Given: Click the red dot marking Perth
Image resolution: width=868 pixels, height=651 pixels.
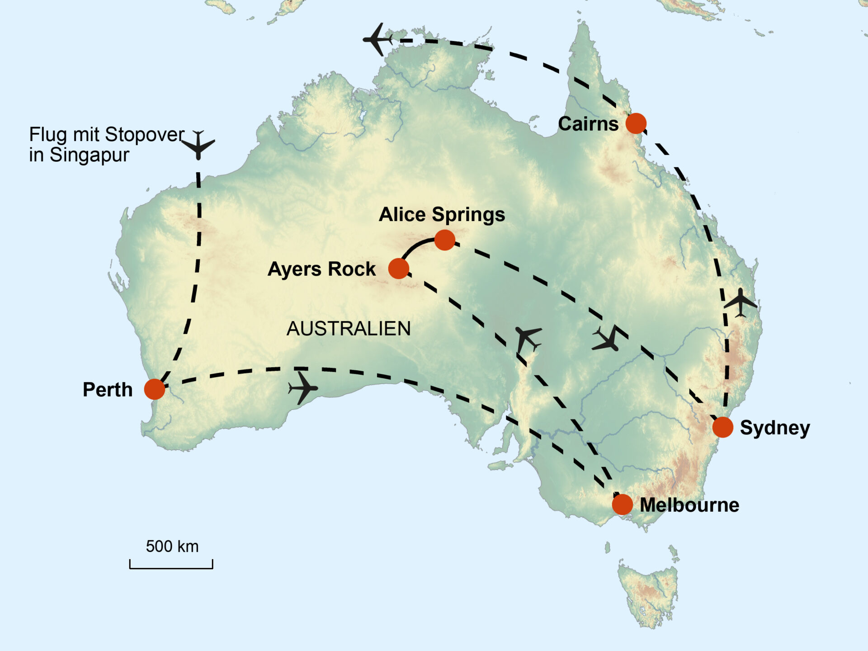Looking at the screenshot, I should pos(155,389).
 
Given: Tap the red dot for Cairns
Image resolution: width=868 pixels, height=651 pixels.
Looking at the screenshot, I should pos(636,123).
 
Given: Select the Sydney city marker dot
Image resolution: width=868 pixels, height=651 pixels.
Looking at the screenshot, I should pos(722,427).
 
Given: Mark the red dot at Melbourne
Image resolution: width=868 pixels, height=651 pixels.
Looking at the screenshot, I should pos(622,504).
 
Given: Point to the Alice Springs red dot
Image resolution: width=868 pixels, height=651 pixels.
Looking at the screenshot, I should pos(445,240).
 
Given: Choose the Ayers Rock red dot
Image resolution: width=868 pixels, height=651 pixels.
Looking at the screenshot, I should pos(399,269).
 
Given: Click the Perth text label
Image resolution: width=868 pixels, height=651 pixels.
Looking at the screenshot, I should pos(108,390).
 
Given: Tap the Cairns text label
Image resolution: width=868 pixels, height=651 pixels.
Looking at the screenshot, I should pos(588,124).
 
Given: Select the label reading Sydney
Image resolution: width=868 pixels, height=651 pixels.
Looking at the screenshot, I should pos(775,428).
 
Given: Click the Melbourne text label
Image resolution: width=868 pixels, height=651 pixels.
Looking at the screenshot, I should pos(689,505).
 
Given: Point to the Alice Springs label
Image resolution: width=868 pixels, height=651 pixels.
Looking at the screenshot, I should pos(442,215).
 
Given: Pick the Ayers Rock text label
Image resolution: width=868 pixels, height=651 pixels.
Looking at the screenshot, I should pos(321,269).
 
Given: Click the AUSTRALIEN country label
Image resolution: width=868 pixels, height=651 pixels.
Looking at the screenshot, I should pos(349,329).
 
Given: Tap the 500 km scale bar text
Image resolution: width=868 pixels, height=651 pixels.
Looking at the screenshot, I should pos(172,547).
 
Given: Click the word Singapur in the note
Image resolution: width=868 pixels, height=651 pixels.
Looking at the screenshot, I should pos(89,155).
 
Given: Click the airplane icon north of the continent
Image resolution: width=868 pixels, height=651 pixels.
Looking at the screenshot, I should pos(378,39).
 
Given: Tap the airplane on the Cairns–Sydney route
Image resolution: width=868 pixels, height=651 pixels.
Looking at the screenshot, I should pos(740,302).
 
